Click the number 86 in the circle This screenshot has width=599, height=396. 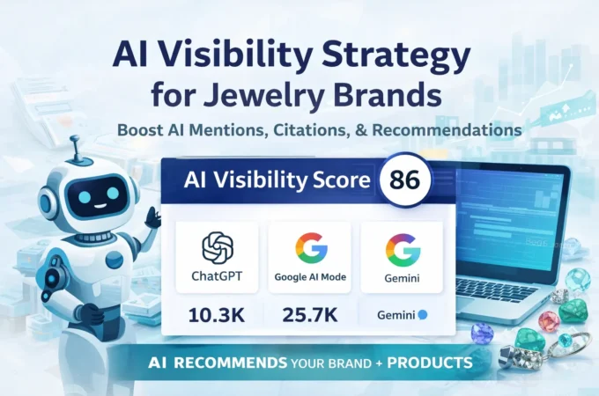click(x=404, y=180)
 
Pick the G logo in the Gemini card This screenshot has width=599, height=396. click(x=402, y=249)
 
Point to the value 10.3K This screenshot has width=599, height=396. click(x=217, y=314)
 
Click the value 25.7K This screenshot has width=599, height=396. click(x=309, y=314)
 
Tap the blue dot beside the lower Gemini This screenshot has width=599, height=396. click(x=424, y=314)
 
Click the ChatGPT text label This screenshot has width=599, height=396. click(x=217, y=276)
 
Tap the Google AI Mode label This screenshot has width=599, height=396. click(x=309, y=276)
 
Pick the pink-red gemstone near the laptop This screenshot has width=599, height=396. click(x=549, y=319)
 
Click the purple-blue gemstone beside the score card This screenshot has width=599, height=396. click(x=482, y=332)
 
